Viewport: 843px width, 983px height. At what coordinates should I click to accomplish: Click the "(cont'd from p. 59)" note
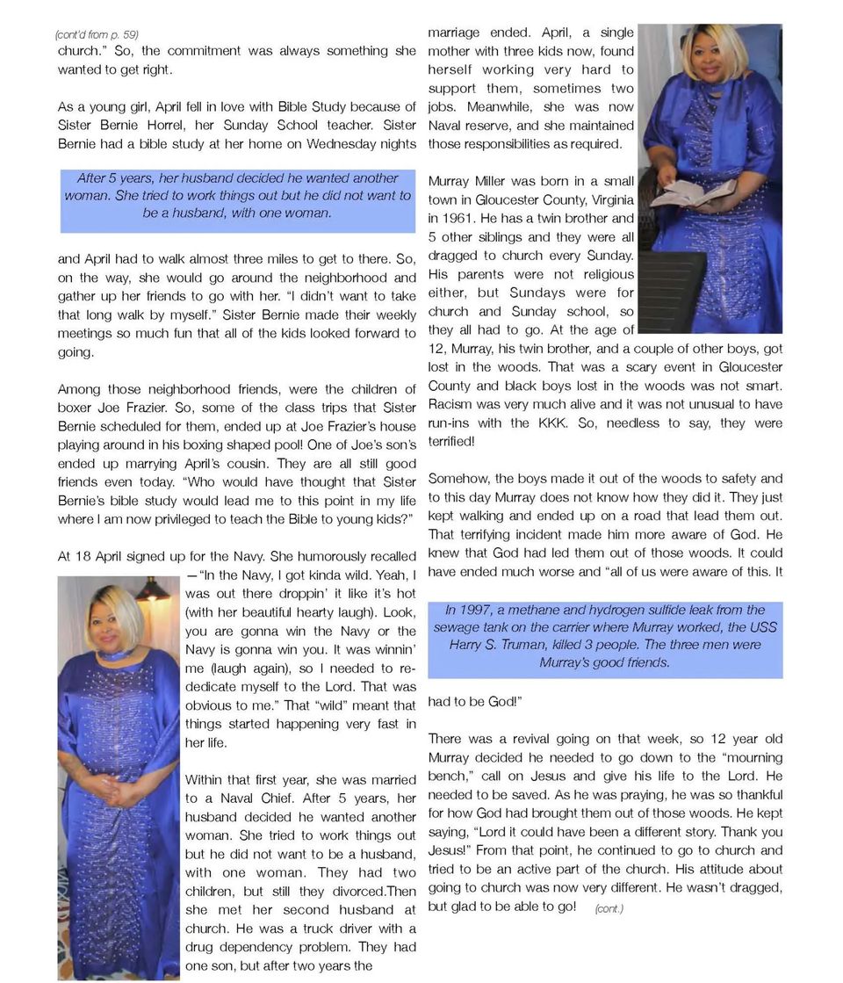point(96,34)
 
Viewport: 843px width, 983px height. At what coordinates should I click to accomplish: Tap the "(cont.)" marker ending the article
point(609,908)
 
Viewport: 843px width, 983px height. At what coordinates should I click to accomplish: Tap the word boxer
point(76,408)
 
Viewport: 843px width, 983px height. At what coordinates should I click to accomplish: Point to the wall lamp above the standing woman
point(153,590)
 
